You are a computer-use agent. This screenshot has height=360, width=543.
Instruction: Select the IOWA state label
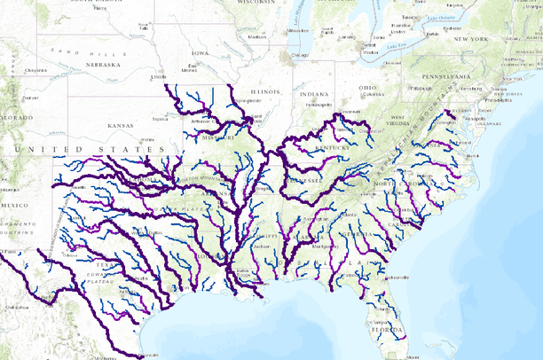coord(201,53)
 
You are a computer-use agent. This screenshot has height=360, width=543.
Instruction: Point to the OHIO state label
coord(368,87)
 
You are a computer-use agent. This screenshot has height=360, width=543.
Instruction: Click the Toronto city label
coord(410,16)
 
